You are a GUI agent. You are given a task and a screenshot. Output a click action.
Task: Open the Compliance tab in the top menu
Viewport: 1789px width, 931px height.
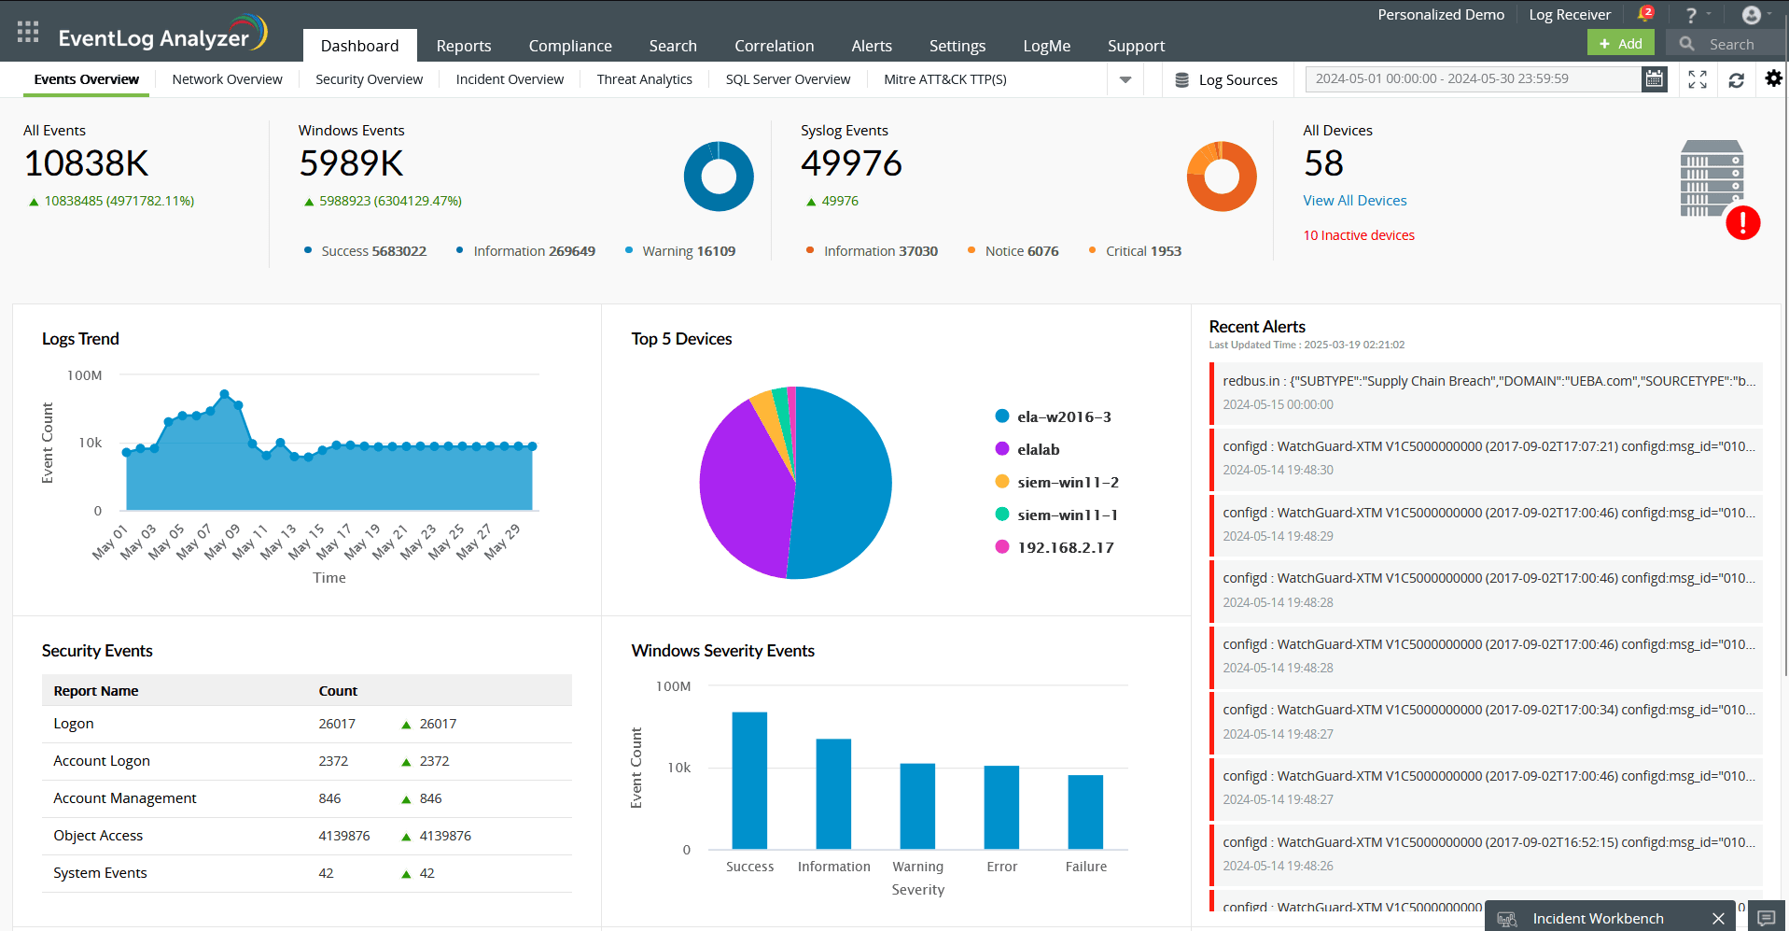point(569,46)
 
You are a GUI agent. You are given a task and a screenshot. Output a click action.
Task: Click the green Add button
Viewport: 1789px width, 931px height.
point(1620,44)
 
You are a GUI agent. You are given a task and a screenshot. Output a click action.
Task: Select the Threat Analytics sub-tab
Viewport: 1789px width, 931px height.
point(644,79)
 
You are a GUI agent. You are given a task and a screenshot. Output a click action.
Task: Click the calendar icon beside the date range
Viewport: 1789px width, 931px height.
point(1654,79)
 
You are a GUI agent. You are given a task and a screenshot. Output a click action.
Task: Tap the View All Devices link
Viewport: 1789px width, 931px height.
point(1354,201)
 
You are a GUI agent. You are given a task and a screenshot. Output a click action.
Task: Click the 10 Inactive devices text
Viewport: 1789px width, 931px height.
point(1358,235)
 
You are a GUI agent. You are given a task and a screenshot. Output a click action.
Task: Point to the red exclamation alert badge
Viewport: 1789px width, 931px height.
point(1742,223)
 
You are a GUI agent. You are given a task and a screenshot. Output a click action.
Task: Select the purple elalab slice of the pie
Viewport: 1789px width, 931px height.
point(742,486)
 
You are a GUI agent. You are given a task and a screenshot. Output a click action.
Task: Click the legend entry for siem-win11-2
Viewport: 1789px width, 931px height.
point(1067,482)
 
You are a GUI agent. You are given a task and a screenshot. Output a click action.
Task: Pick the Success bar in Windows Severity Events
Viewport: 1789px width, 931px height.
point(749,780)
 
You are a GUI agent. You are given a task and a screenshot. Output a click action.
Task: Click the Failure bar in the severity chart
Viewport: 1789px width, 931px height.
point(1085,811)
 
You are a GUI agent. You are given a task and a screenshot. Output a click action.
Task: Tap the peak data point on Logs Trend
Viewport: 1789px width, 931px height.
point(224,394)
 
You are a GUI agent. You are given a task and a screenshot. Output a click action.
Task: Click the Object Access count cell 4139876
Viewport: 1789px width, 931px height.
point(343,836)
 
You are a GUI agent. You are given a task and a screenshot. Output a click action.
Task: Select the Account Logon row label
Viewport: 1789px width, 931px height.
point(102,761)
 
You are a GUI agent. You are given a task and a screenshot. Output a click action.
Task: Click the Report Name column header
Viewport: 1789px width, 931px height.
point(96,691)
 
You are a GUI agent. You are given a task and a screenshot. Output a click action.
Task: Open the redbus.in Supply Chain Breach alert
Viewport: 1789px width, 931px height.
point(1488,381)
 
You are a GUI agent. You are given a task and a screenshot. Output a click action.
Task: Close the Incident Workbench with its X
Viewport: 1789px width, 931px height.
point(1718,919)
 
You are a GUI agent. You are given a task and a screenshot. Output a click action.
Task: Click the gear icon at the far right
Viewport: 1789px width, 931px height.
point(1773,79)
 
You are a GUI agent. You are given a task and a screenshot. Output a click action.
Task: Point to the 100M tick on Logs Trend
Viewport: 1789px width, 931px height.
point(84,375)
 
